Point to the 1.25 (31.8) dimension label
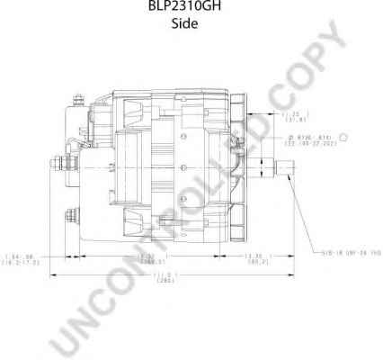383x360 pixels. coord(293,118)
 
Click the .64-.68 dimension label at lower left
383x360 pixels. coord(29,258)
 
